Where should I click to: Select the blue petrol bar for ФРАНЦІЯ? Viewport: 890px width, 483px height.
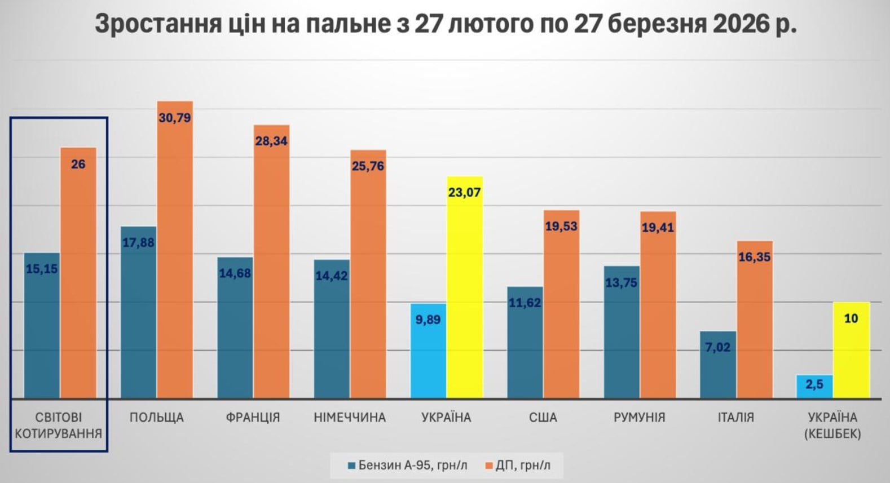pyautogui.click(x=235, y=333)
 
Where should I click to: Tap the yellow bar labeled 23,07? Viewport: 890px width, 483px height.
pyautogui.click(x=465, y=293)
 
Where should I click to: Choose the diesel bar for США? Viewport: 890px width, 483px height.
pyautogui.click(x=561, y=310)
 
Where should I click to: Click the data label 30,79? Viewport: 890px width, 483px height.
pyautogui.click(x=175, y=118)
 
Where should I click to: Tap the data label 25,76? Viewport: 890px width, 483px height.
pyautogui.click(x=368, y=166)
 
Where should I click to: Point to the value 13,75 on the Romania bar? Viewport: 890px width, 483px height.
pyautogui.click(x=621, y=283)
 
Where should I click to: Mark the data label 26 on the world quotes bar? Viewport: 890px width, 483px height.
pyautogui.click(x=78, y=165)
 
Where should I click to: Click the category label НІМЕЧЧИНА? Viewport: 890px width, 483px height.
pyautogui.click(x=350, y=418)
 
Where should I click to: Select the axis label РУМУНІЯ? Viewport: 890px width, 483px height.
pyautogui.click(x=639, y=418)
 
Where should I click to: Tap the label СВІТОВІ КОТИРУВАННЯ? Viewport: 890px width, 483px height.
pyautogui.click(x=59, y=426)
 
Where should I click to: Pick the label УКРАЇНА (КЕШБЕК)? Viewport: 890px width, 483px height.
pyautogui.click(x=832, y=426)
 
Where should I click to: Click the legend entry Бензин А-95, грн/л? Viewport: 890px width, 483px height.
pyautogui.click(x=407, y=466)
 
